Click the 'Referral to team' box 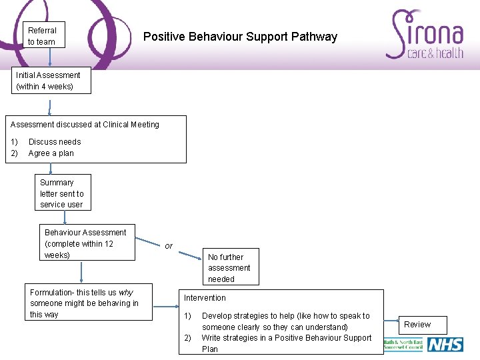[42, 36]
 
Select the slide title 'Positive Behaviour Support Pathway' [240, 37]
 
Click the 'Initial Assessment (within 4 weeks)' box [51, 81]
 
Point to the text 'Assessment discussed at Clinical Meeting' [85, 125]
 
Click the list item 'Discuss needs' [55, 142]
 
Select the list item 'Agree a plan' [51, 153]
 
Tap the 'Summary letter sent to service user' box [63, 193]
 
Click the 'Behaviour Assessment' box [87, 243]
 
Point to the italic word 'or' [169, 246]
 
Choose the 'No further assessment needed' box [229, 267]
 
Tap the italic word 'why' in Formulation [126, 293]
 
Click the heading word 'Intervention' [205, 298]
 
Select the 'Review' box [418, 325]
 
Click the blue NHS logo [445, 345]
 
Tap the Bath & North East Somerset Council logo [403, 345]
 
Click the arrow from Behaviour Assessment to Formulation [81, 272]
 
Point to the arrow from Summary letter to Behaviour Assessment [63, 217]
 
